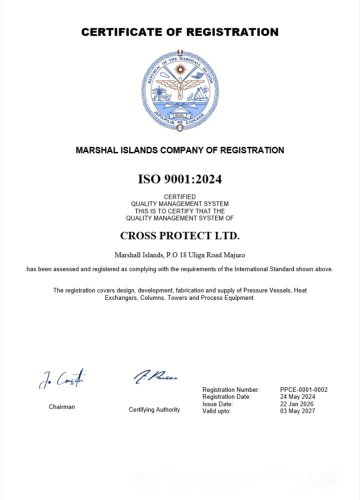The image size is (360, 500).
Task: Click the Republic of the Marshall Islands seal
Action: coord(180,90)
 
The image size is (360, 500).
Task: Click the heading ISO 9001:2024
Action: coord(179,179)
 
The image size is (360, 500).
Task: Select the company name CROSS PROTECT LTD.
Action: coord(180,235)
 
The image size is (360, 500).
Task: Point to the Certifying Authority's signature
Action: coord(155,376)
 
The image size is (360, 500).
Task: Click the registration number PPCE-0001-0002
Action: coord(304,389)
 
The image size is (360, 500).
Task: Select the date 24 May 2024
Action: coord(297,396)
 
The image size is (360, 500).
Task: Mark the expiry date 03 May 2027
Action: coord(297,411)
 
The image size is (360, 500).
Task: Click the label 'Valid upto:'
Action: coord(216,411)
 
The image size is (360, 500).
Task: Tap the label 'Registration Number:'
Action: coord(231,389)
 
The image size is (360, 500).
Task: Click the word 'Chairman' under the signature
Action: coord(62,407)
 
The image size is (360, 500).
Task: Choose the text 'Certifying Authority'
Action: coord(154,409)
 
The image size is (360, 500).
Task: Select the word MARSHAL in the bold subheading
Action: coord(97,150)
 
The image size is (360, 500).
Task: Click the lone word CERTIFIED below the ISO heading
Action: coord(180,197)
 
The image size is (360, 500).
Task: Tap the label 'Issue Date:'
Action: coord(217,404)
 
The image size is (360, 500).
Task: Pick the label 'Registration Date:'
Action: coord(226,396)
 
